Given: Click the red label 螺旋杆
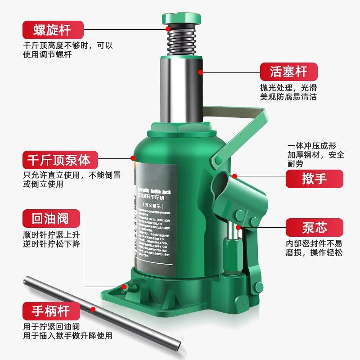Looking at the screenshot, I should coord(53,30).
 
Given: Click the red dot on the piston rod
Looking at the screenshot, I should coord(200,71).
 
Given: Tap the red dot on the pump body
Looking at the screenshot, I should coord(133,157).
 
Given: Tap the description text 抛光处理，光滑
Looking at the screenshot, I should coord(288,87).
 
